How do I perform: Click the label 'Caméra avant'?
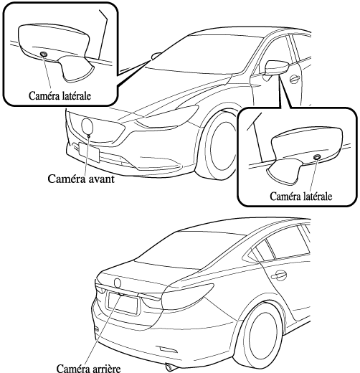81,179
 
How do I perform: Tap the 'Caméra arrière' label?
88,368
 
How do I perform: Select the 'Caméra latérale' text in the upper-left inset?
60,96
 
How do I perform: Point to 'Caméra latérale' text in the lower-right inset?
301,197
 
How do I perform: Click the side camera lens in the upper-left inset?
44,54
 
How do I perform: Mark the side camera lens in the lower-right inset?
317,157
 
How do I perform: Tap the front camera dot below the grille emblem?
89,136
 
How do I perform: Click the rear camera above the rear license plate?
121,294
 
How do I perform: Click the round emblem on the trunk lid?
118,283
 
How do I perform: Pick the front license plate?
89,152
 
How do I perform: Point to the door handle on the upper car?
295,79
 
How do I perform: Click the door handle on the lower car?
279,275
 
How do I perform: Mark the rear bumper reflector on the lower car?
167,349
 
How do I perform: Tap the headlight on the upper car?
166,116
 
